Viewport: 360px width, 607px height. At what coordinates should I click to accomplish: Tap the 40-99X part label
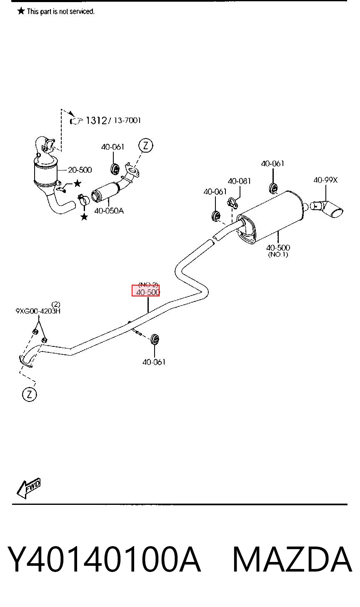(325, 180)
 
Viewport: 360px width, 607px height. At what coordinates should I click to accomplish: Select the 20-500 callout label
(80, 170)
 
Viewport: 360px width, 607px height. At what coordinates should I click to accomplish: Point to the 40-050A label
(109, 211)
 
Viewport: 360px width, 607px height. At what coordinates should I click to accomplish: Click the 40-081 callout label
(239, 181)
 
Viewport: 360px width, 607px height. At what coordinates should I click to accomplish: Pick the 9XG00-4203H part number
(38, 311)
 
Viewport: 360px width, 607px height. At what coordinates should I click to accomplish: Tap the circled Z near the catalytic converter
(146, 145)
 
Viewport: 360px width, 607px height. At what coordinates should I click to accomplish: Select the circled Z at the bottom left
(29, 394)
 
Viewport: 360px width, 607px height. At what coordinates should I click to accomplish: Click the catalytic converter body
(46, 171)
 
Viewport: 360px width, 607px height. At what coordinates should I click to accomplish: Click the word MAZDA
(292, 559)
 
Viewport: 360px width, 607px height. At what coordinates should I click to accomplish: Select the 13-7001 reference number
(127, 120)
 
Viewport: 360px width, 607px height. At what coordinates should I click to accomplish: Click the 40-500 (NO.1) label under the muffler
(278, 251)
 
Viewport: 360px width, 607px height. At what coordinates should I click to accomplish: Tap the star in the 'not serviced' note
(21, 11)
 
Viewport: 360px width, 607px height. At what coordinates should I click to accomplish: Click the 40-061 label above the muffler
(272, 164)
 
